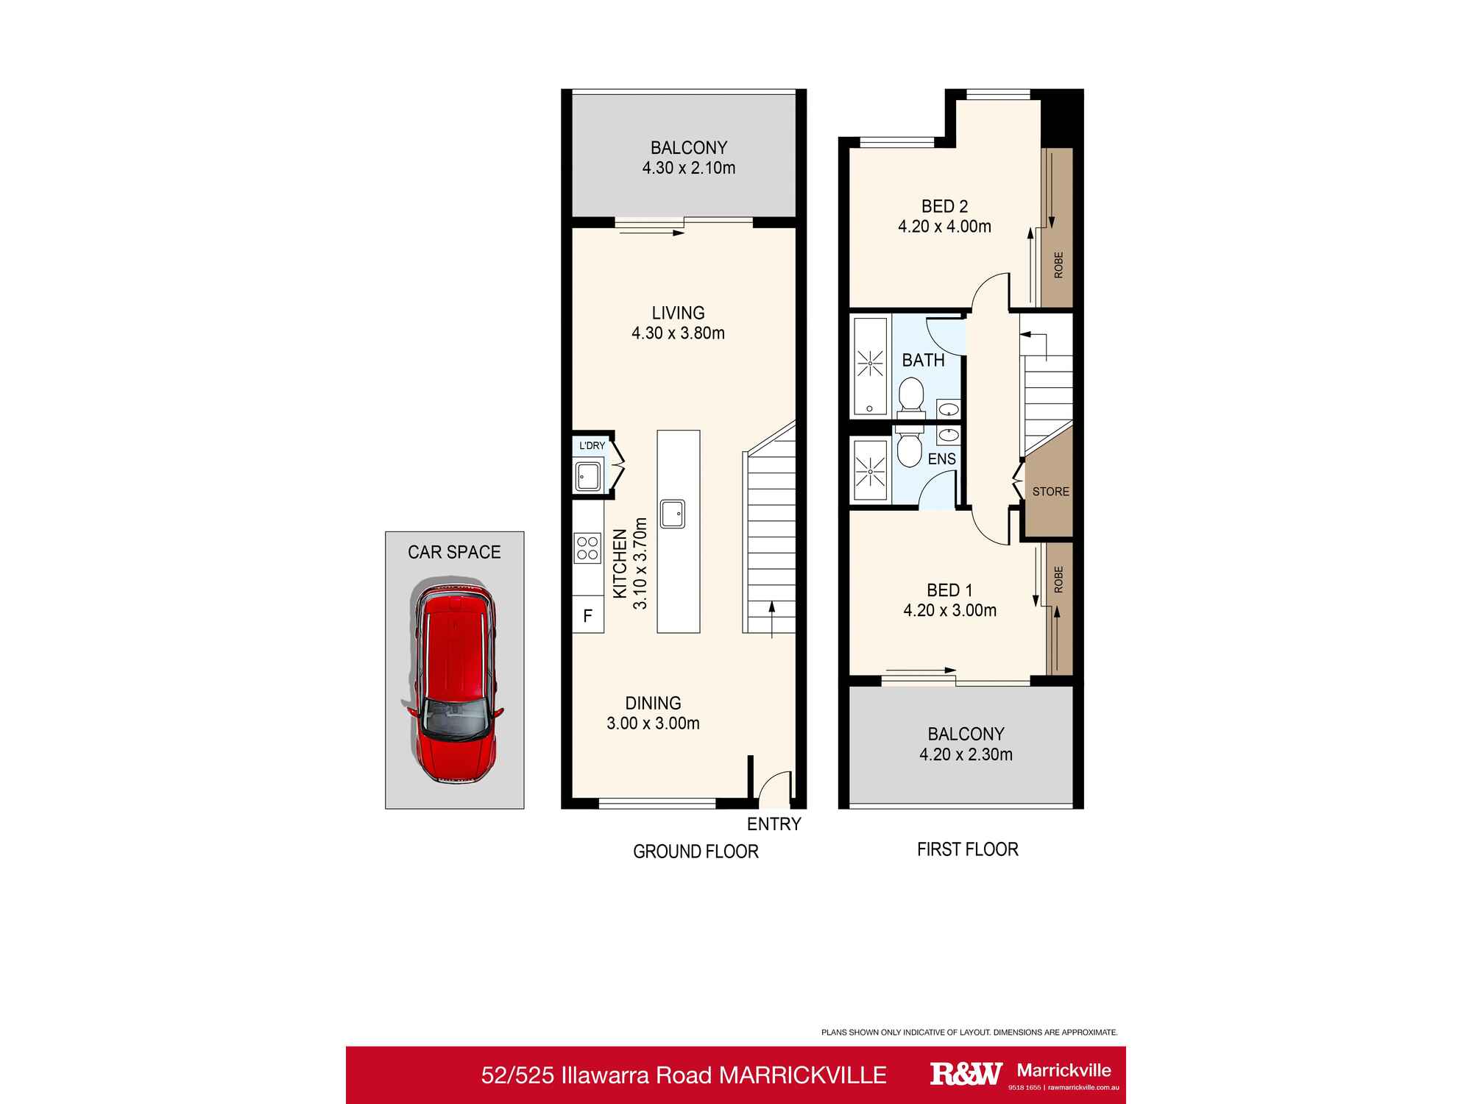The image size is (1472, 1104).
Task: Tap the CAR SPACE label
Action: coord(454,552)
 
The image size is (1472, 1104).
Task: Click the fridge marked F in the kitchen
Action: coord(587,616)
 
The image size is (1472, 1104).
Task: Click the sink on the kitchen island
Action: coord(673,514)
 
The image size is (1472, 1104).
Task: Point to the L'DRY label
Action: coord(592,446)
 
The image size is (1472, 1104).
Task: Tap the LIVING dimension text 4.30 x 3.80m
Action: coord(678,333)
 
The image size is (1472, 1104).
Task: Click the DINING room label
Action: coord(653,703)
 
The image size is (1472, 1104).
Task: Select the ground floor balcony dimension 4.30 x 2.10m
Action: coord(688,168)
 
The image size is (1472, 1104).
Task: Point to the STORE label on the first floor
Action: coord(1050,492)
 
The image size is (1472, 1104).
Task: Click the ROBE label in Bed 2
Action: coord(1058,265)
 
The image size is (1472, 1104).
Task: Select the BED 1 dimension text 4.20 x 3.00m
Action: coord(949,610)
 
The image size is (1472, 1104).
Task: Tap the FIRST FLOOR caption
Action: coord(967,849)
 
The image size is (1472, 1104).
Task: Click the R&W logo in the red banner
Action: coord(966,1074)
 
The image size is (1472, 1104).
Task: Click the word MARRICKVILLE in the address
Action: coord(802,1075)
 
